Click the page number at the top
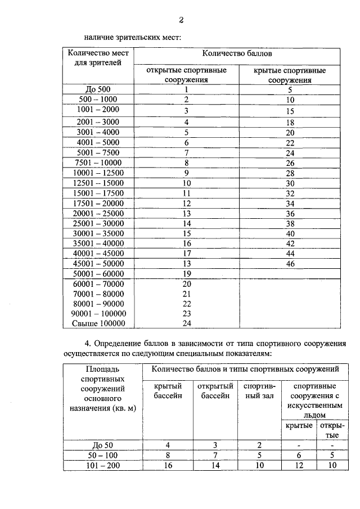[x=182, y=21]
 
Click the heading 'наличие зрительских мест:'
[x=132, y=38]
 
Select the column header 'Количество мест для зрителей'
[x=98, y=57]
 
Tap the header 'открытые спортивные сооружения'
[x=186, y=75]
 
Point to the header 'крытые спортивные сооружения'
[x=290, y=75]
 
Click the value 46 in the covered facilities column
[x=290, y=263]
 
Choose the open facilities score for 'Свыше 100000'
[x=187, y=323]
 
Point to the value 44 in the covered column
[x=290, y=253]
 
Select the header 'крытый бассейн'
[x=169, y=391]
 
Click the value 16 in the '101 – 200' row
[x=169, y=466]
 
